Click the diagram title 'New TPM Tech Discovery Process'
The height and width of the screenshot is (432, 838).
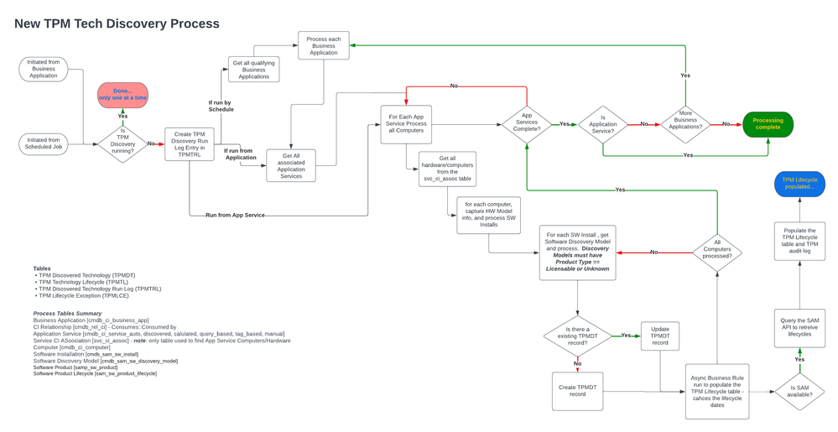click(117, 23)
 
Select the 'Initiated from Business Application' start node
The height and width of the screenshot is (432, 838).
click(44, 70)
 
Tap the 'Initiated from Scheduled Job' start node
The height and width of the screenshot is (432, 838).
click(44, 143)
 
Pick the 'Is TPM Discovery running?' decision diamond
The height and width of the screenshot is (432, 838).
click(122, 143)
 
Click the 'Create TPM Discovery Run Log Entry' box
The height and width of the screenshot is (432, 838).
click(190, 143)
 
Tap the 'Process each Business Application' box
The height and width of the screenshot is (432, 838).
click(324, 45)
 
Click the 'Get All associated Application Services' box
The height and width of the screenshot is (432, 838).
click(290, 164)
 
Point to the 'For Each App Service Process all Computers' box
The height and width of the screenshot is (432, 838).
click(406, 124)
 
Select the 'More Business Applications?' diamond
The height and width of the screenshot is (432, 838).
click(685, 124)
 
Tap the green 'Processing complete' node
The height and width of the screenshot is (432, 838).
click(768, 124)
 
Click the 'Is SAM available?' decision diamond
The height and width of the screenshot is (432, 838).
click(799, 391)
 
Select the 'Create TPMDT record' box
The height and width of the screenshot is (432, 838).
click(577, 391)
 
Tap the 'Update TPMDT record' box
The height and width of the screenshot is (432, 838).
click(660, 335)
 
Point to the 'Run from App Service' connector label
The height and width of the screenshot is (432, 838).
click(236, 216)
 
